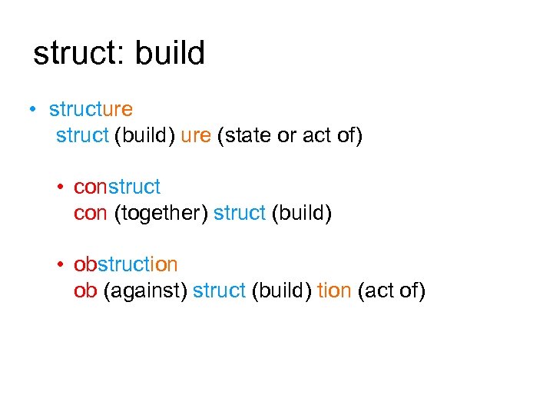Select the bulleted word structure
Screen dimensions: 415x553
[91, 110]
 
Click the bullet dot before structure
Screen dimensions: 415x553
[33, 110]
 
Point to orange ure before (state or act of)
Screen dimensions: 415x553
[196, 136]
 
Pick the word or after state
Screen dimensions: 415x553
[286, 136]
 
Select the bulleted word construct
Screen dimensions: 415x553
[117, 187]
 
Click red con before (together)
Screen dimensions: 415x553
[91, 213]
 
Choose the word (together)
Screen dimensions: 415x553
[161, 214]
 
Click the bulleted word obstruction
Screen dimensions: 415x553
[125, 264]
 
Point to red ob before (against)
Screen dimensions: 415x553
[84, 290]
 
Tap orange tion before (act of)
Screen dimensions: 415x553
[334, 290]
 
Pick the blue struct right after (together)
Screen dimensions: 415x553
[239, 213]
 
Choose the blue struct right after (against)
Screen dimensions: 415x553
[219, 290]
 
